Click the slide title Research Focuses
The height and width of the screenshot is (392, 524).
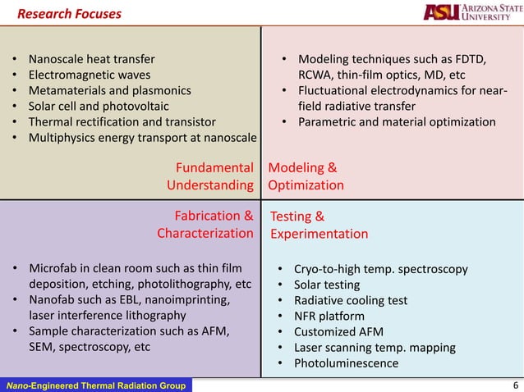tap(69, 14)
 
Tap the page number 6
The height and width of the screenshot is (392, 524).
tap(514, 385)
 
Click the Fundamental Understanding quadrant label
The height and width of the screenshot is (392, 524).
tap(210, 176)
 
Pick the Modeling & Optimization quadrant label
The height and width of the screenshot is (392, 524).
tap(306, 176)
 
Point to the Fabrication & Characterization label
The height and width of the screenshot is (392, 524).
tap(205, 225)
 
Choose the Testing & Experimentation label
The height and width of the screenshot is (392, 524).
tap(319, 226)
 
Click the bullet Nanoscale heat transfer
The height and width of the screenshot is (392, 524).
tap(91, 60)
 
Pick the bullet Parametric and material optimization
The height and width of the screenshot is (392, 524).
tap(397, 122)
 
